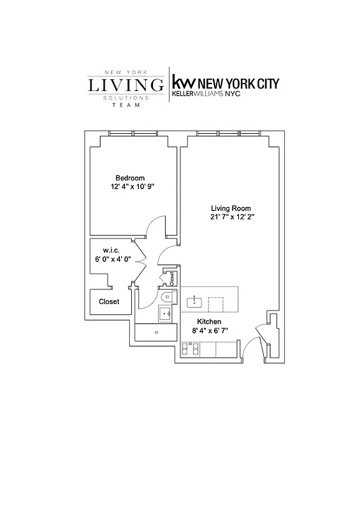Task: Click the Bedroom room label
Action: point(130,178)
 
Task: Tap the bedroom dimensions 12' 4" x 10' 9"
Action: point(133,187)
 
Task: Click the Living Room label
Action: point(231,208)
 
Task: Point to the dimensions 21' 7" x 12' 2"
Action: point(233,217)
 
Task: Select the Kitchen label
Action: point(209,321)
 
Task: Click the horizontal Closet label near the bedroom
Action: point(108,302)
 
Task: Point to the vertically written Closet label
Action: point(172,278)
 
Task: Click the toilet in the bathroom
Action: point(167,297)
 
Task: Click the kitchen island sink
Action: point(194,300)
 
